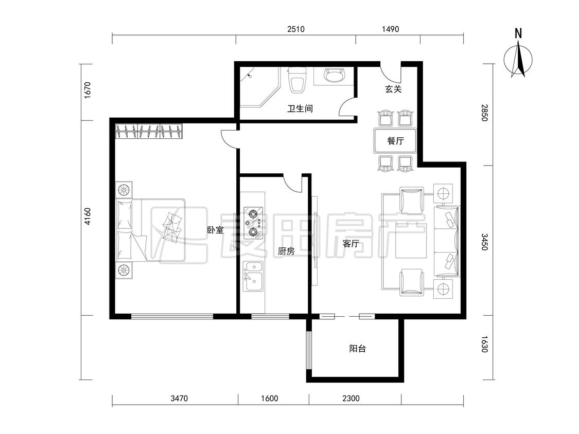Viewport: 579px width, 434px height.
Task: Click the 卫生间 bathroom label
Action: tap(300, 109)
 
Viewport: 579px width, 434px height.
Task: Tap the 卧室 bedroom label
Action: tap(215, 230)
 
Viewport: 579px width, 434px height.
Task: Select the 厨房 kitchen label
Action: tap(286, 251)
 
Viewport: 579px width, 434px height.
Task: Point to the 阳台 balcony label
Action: tap(358, 348)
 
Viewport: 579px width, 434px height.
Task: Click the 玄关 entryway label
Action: tap(393, 89)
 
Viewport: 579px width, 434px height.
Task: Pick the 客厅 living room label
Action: tap(351, 244)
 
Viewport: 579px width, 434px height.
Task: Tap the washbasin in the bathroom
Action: tap(335, 76)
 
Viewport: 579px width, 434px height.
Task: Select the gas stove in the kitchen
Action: tap(253, 223)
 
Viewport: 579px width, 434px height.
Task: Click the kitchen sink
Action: tap(253, 276)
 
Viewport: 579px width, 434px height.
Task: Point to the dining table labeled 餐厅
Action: tap(395, 140)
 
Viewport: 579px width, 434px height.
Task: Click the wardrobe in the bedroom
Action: tap(149, 131)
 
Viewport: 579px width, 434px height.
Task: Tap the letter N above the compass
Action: tap(518, 33)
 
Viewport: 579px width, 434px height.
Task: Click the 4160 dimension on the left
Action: tap(87, 216)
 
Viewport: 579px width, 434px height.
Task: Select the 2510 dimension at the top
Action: tap(296, 29)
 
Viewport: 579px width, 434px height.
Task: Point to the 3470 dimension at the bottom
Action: tap(179, 398)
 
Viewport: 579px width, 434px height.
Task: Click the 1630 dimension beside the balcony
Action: tap(484, 344)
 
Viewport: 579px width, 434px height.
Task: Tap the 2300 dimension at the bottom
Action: tap(351, 398)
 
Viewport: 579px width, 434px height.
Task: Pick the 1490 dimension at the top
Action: tap(390, 29)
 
